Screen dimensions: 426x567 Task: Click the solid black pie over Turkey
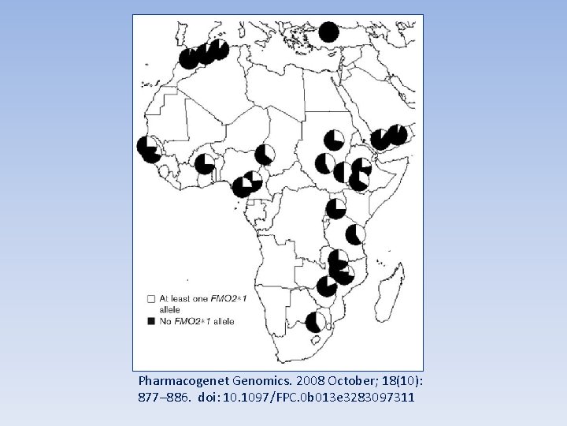328,32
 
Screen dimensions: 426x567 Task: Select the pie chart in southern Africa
316,321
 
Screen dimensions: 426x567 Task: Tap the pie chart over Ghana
205,163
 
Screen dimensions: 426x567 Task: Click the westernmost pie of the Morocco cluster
189,58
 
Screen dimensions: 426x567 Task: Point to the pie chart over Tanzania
356,234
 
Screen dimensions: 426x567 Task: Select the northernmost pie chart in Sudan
333,140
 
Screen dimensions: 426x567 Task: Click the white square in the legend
150,300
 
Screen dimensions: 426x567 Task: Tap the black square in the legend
150,321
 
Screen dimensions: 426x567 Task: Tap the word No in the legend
166,321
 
